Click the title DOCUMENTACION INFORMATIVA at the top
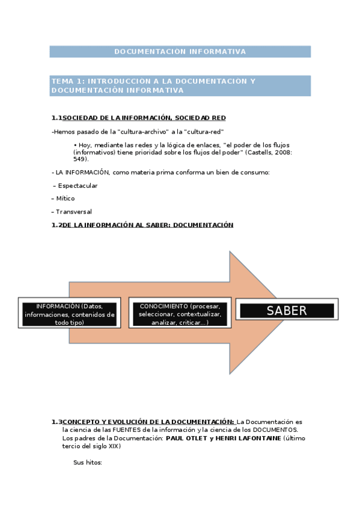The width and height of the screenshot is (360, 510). [x=180, y=52]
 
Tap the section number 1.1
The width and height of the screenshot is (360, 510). [x=56, y=118]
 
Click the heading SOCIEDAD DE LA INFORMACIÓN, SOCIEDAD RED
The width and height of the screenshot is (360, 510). [x=144, y=118]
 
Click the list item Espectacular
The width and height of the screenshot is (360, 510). [x=78, y=186]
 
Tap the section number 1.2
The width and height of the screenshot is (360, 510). [x=56, y=225]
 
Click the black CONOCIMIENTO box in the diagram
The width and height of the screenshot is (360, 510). [x=180, y=314]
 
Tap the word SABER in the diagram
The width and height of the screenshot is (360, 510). [x=287, y=311]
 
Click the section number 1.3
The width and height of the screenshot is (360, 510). [x=56, y=422]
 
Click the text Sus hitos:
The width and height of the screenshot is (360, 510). [x=88, y=462]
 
